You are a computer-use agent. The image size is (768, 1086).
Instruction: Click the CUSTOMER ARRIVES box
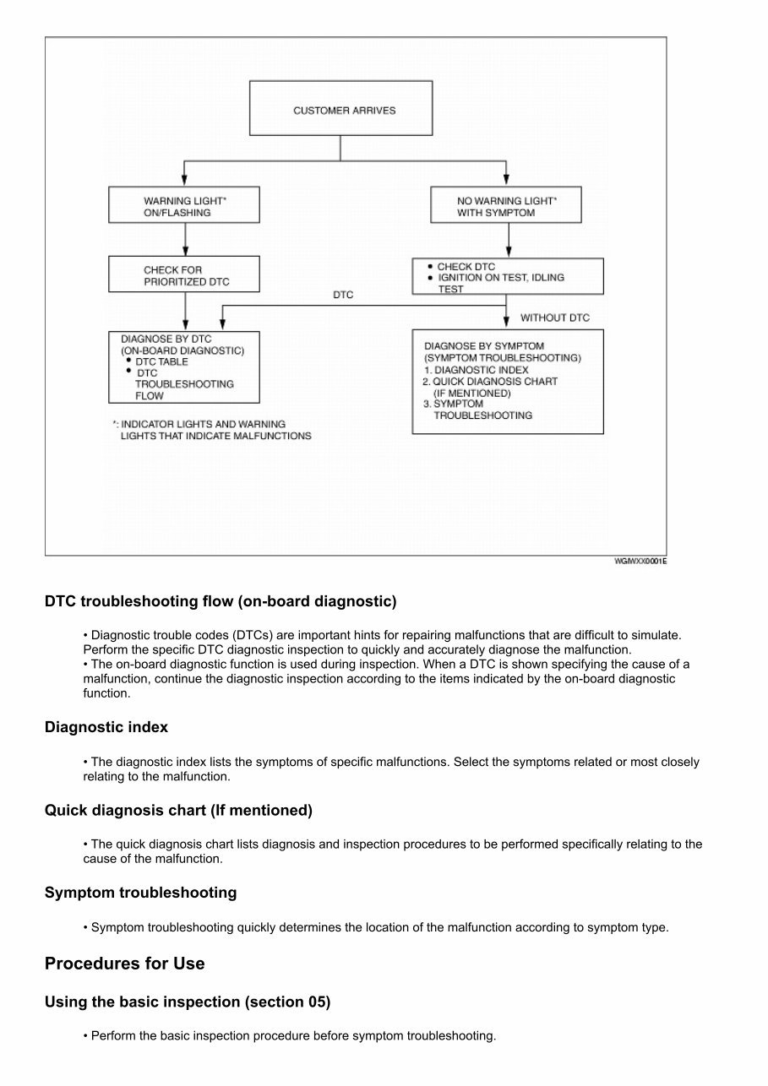(x=340, y=108)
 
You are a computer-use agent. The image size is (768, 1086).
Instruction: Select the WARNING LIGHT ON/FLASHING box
(x=184, y=206)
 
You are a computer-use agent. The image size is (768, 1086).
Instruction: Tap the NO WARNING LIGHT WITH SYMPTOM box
(x=506, y=206)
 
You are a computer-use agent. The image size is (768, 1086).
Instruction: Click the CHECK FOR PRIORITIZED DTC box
(x=184, y=275)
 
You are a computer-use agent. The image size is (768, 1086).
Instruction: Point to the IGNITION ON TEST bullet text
(x=500, y=277)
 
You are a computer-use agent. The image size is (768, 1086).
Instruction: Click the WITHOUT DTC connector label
(x=554, y=318)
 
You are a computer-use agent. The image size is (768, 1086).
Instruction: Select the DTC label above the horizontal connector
(x=344, y=296)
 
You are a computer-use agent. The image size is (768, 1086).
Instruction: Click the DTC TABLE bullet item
(x=162, y=361)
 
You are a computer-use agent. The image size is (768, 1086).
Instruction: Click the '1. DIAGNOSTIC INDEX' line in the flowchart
(x=477, y=370)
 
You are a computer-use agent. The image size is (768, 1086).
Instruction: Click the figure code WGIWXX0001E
(x=640, y=562)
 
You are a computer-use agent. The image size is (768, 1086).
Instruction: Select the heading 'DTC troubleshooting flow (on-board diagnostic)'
(x=220, y=602)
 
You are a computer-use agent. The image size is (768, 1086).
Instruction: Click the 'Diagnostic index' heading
(x=106, y=727)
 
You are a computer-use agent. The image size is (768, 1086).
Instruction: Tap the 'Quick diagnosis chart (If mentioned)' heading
(x=178, y=811)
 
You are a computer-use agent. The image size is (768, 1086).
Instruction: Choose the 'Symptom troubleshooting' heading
(x=140, y=893)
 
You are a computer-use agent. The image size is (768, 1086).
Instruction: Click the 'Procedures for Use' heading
(x=124, y=964)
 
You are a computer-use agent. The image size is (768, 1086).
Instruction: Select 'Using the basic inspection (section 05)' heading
(x=187, y=1002)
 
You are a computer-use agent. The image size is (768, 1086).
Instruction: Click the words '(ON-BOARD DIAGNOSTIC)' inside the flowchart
(x=182, y=350)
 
